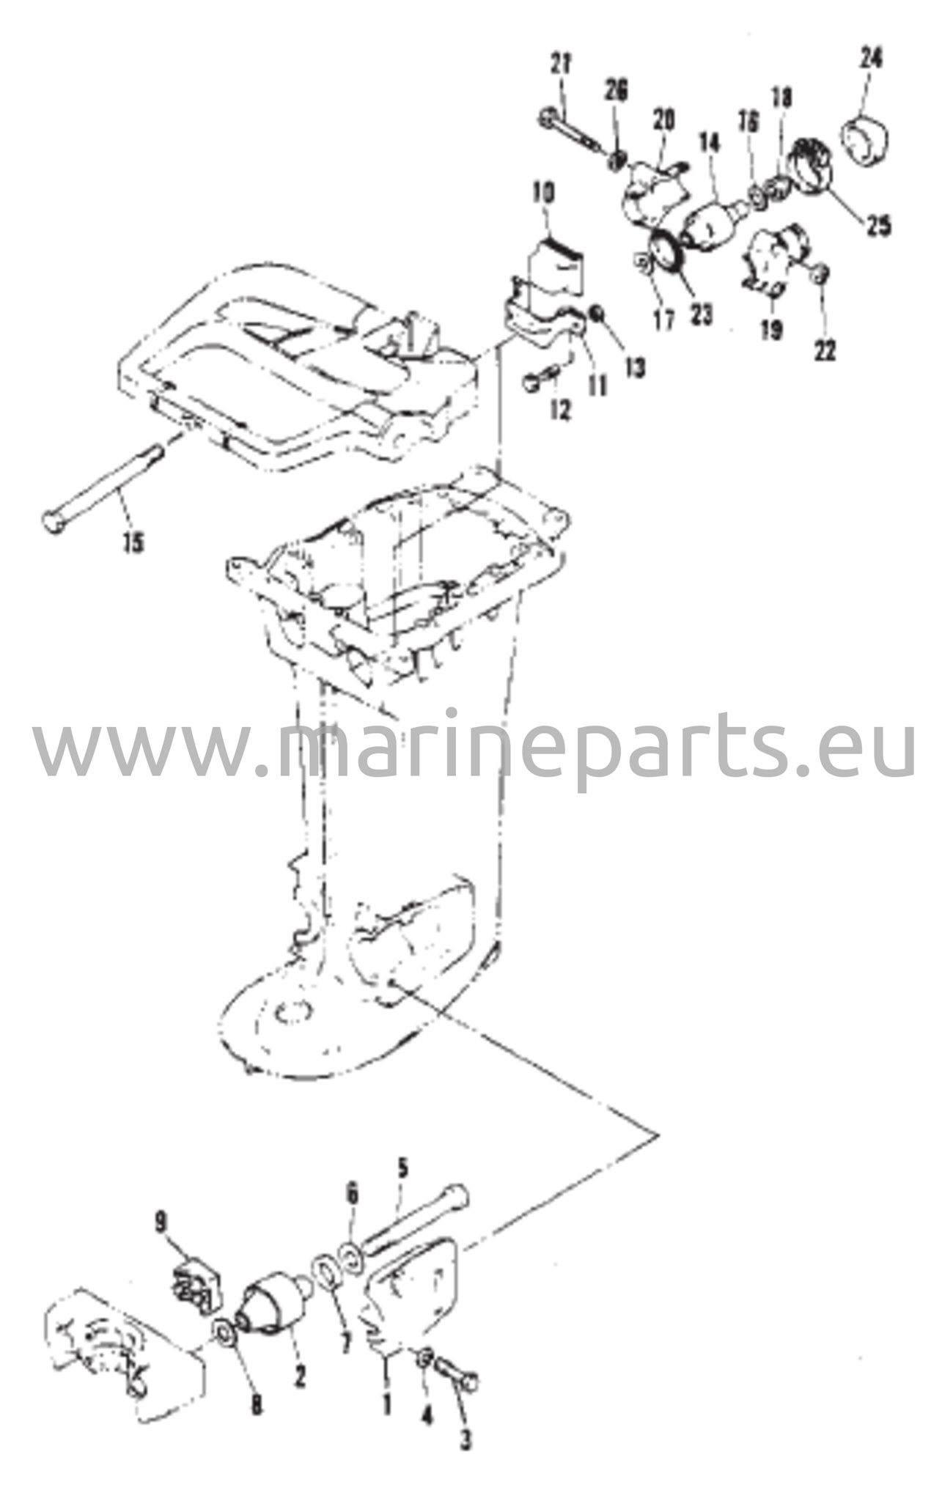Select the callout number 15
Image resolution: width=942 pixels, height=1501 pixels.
[x=133, y=543]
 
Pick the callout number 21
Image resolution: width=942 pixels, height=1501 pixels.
[x=562, y=64]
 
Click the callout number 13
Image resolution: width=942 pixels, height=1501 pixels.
[x=636, y=367]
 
